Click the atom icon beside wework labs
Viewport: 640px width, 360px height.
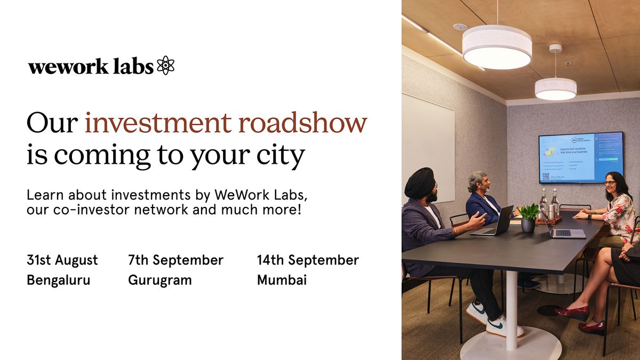(x=166, y=65)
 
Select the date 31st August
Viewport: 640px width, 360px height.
(x=62, y=260)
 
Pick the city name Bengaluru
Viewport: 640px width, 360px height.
(x=59, y=280)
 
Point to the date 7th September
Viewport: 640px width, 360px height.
(x=175, y=260)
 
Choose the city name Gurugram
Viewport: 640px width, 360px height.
(x=159, y=280)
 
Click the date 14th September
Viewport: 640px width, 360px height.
(x=308, y=260)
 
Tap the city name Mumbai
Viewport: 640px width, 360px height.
(x=282, y=280)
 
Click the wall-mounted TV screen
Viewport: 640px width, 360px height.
(x=581, y=157)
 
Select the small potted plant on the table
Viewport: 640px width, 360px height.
(x=529, y=218)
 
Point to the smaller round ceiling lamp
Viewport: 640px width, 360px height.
(x=556, y=89)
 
